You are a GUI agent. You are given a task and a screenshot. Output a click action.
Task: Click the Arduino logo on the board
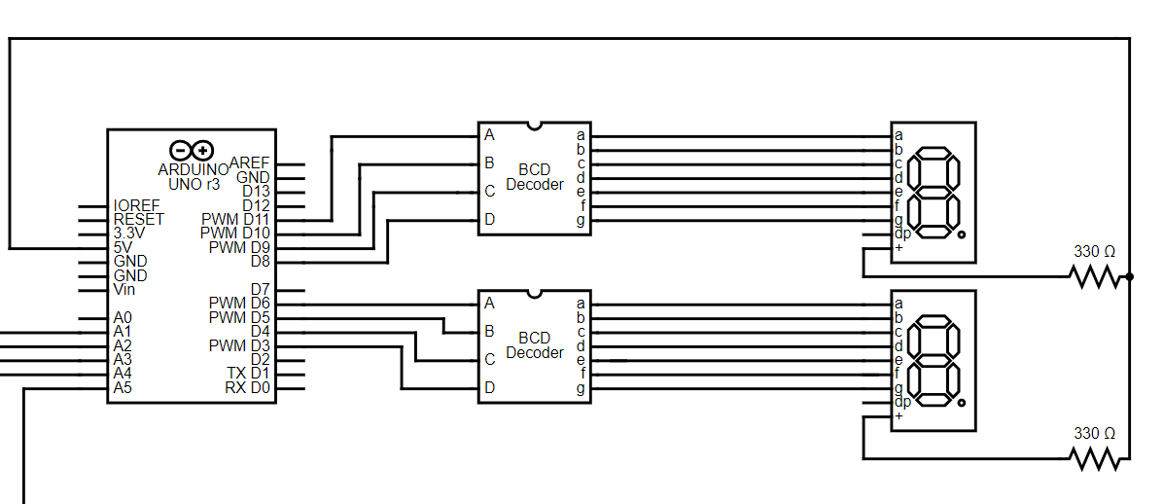click(x=191, y=150)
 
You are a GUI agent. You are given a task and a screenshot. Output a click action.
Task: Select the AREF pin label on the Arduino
click(x=250, y=163)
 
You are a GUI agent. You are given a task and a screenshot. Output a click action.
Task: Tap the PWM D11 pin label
click(x=235, y=219)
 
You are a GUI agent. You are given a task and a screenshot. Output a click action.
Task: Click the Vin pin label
click(x=124, y=289)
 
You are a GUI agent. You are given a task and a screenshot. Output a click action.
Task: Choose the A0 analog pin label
click(x=123, y=317)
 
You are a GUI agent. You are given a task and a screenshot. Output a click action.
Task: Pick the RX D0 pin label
click(x=247, y=388)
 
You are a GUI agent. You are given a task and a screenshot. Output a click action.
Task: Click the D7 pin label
click(x=260, y=289)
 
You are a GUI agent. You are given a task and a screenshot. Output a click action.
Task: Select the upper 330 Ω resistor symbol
click(x=1096, y=277)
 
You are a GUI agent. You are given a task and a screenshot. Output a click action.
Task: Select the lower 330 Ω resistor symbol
click(x=1096, y=458)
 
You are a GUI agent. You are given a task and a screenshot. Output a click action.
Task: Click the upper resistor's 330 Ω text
click(x=1094, y=252)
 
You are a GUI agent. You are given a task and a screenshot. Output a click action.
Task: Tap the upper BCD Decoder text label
click(x=535, y=177)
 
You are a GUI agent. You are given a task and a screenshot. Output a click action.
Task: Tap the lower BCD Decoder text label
click(x=535, y=345)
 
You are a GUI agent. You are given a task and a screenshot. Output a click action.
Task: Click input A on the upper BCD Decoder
click(x=489, y=135)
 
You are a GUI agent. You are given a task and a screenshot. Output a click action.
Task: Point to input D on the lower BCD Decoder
click(x=489, y=387)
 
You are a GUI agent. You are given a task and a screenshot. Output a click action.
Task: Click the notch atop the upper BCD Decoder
click(x=534, y=126)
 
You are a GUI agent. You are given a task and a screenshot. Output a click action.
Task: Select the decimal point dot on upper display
click(x=961, y=235)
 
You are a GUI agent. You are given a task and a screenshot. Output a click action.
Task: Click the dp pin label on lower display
click(x=902, y=402)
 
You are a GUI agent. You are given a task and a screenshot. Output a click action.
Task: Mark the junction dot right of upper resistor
click(x=1130, y=277)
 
